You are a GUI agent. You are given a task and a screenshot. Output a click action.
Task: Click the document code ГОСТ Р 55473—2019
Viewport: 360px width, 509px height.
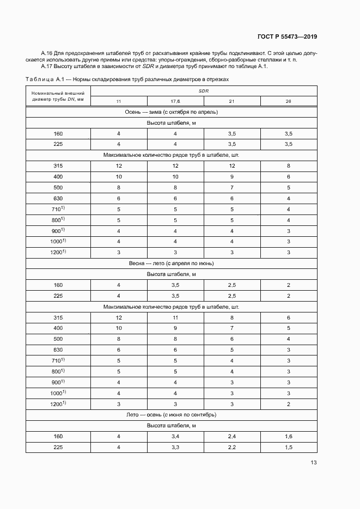click(287, 37)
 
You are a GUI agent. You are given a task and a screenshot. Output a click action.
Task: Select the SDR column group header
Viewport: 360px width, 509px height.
click(203, 91)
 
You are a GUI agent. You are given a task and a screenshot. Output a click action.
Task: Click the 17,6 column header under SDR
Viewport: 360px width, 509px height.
click(175, 101)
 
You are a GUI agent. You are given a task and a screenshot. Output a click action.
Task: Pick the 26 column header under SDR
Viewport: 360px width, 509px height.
click(289, 101)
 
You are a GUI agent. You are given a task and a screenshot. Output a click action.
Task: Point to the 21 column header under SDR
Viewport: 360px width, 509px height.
click(231, 101)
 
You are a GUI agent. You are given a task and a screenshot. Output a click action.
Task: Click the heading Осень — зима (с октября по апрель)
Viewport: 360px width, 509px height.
click(171, 112)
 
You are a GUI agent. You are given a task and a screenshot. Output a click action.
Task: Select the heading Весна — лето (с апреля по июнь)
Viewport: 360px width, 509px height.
click(171, 263)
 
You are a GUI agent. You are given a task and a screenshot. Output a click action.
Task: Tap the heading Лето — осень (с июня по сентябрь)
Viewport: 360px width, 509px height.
click(171, 414)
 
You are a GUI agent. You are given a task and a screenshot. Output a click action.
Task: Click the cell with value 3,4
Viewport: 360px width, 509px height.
click(175, 436)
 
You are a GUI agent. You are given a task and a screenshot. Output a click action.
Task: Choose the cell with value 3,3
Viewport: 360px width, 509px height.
click(175, 447)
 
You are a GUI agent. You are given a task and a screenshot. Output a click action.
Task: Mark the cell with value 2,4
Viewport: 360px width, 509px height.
click(231, 436)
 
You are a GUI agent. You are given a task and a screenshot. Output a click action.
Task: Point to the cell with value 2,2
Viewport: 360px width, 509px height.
click(231, 447)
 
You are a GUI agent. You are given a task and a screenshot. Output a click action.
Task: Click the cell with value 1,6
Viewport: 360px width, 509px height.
click(289, 436)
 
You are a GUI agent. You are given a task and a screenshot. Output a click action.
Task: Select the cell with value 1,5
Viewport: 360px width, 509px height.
click(289, 447)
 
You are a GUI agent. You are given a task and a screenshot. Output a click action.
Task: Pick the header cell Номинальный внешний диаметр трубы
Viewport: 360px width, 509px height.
click(58, 96)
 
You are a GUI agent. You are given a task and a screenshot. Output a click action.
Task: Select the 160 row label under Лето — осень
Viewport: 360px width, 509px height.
click(58, 436)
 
